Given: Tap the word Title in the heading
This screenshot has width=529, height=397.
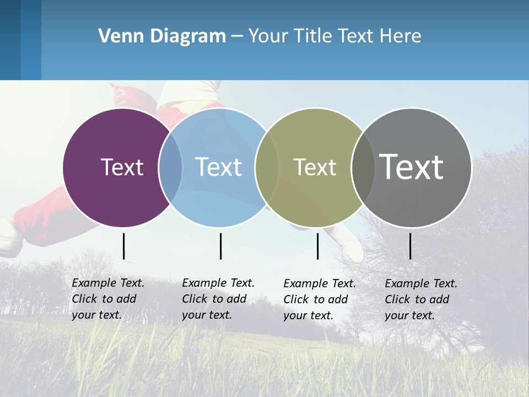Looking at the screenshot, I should [x=312, y=36].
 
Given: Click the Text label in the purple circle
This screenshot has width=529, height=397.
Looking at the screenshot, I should [x=122, y=167].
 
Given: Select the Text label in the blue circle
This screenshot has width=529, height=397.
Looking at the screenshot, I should [x=218, y=167].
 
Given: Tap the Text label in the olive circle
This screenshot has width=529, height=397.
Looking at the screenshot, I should [x=315, y=167].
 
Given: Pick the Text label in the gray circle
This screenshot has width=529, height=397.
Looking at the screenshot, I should [x=412, y=167].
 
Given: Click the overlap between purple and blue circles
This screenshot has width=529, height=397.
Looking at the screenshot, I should [x=170, y=167].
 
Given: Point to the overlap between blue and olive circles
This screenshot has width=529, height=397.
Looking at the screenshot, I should [x=267, y=167].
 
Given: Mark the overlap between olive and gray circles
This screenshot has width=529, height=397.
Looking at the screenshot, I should [x=363, y=167].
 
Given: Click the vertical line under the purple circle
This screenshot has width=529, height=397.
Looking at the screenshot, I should [x=123, y=246].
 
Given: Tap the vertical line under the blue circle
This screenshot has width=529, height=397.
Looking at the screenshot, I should [x=220, y=246].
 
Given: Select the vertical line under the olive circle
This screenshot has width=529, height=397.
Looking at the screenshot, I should [x=317, y=246].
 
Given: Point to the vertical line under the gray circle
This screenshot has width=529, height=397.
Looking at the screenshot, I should [x=410, y=246].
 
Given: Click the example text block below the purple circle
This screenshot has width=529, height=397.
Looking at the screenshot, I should [x=107, y=299].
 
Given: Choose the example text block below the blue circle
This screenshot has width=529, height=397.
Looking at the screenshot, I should [x=218, y=299].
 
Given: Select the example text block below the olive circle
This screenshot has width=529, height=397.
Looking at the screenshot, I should [x=319, y=299].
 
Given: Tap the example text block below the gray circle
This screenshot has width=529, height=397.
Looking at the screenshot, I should [x=420, y=299].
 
